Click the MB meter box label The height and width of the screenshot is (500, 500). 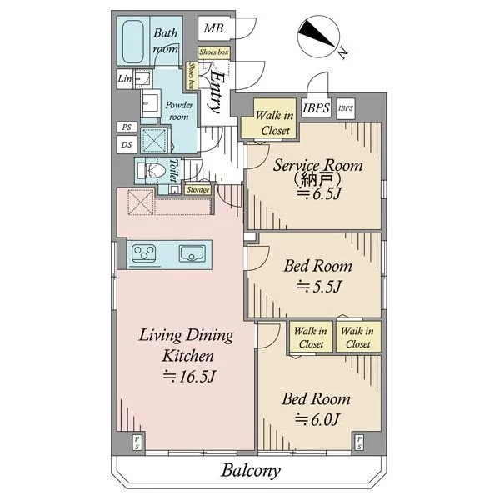click(x=213, y=28)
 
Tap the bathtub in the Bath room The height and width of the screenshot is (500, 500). click(x=133, y=42)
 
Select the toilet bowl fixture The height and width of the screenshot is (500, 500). click(x=152, y=171)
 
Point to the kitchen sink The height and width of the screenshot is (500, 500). click(x=192, y=253)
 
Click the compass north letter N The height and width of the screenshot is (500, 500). click(x=342, y=52)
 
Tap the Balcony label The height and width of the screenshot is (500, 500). click(x=251, y=470)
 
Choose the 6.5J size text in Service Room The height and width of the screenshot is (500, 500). click(x=319, y=193)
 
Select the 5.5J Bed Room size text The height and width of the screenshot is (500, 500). click(x=319, y=286)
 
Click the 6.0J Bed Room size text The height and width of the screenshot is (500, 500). click(x=317, y=419)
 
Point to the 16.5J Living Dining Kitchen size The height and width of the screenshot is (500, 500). click(x=189, y=377)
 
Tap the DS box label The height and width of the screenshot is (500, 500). click(x=127, y=145)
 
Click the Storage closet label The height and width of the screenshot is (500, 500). click(x=197, y=190)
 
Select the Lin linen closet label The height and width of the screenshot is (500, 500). click(x=125, y=78)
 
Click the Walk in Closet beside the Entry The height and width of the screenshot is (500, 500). click(x=274, y=123)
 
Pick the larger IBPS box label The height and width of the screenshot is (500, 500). click(x=316, y=107)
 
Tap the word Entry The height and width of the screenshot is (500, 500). click(x=214, y=93)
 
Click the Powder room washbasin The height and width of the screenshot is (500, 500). click(x=151, y=103)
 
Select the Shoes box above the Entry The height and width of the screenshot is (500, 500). click(x=214, y=52)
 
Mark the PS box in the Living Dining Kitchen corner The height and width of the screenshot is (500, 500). click(x=137, y=442)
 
